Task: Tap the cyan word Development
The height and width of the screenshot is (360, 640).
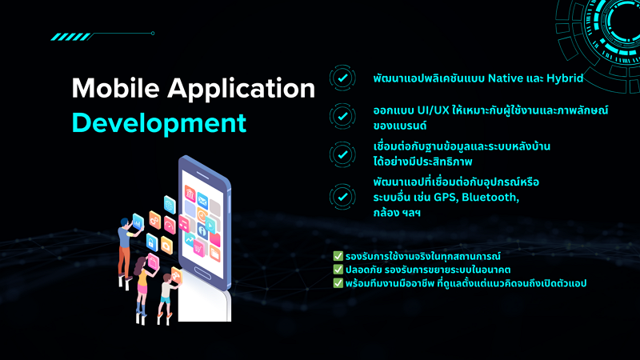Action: point(158,123)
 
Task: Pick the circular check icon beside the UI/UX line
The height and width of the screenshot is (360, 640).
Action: point(342,115)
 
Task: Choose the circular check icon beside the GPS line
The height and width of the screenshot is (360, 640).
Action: point(342,195)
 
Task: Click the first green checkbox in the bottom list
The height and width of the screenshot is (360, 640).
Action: point(338,256)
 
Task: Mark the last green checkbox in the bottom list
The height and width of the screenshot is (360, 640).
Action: point(338,282)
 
